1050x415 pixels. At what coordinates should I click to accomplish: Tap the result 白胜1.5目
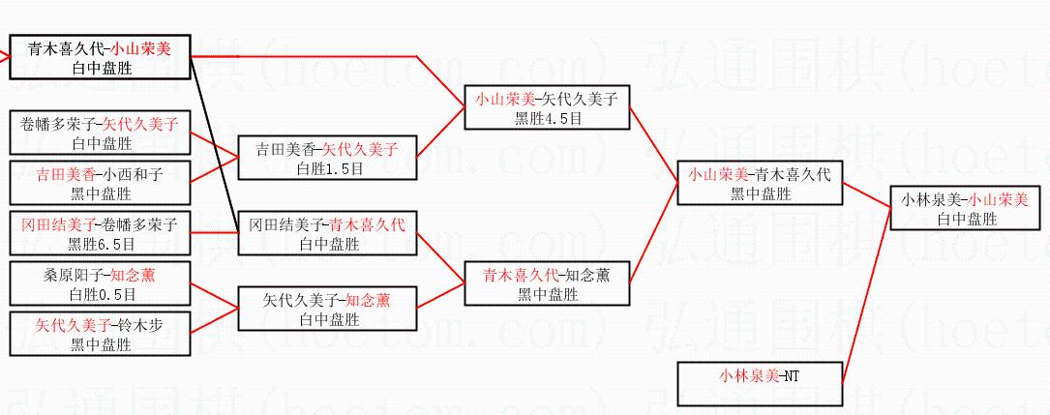click(329, 167)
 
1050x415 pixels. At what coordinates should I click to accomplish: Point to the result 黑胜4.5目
click(548, 118)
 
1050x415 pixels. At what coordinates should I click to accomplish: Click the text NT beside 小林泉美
click(791, 375)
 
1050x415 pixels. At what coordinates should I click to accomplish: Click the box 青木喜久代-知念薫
click(547, 283)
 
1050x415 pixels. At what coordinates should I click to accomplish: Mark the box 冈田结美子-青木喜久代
click(328, 234)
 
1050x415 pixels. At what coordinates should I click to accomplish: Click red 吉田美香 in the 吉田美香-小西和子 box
click(66, 175)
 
